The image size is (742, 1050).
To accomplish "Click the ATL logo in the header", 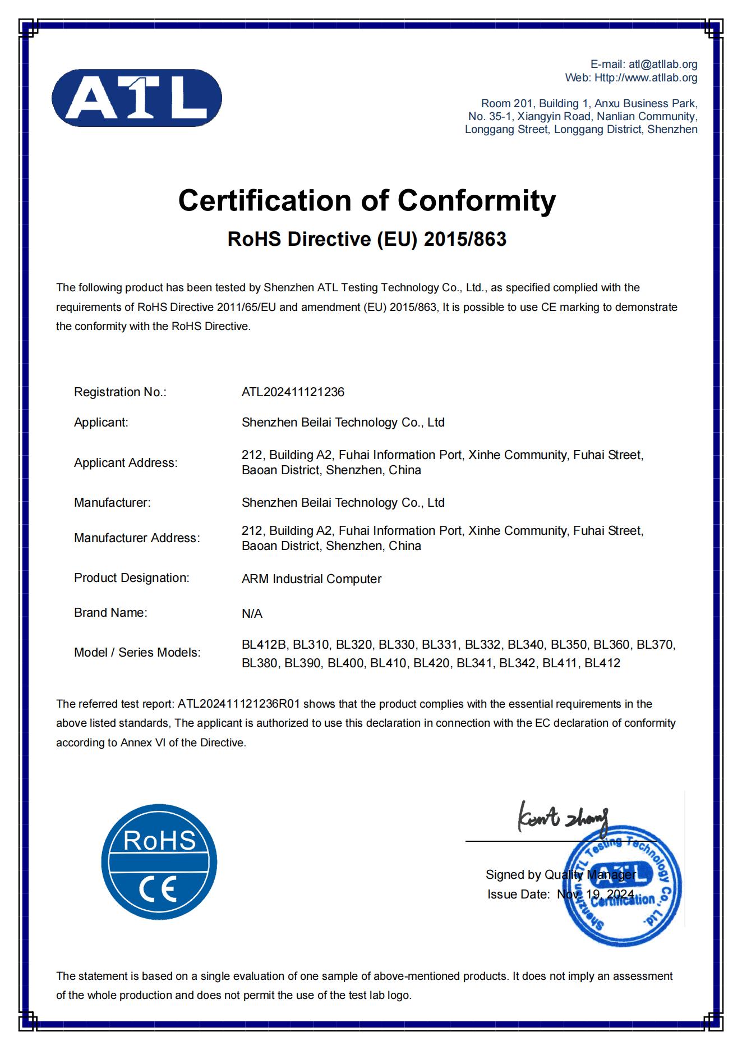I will point(136,98).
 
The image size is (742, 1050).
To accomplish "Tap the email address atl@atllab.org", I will point(663,65).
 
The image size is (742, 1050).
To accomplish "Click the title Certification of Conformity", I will point(367,200).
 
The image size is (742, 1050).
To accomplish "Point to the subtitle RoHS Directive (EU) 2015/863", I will point(367,239).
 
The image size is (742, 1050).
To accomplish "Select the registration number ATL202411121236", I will point(293,392).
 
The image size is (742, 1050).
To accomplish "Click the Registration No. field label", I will point(120,392).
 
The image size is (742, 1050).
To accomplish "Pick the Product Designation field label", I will point(131,578).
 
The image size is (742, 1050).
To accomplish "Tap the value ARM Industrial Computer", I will point(311,579).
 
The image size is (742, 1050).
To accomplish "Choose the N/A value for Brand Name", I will point(252,614).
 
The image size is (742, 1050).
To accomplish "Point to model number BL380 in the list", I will point(259,663).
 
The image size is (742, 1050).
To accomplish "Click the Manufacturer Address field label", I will point(136,538).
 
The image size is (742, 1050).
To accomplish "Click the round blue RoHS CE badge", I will point(159,861).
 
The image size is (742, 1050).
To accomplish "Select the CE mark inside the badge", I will point(159,888).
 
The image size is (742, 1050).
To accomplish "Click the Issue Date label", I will point(518,895).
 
